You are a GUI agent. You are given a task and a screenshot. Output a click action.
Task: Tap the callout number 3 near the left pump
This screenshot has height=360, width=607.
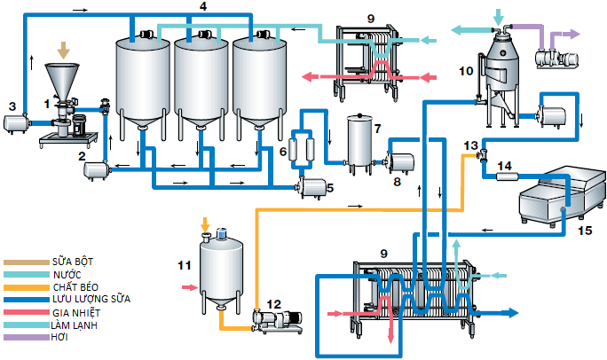[x=12, y=106]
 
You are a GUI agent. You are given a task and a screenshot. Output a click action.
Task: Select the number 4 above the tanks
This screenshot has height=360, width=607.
[x=203, y=6]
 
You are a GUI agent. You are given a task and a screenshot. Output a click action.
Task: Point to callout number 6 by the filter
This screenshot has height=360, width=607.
[x=283, y=152]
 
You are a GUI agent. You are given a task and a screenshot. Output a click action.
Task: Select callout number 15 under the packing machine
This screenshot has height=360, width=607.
[x=581, y=231]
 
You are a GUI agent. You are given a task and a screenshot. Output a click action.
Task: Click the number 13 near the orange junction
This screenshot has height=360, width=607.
[x=470, y=145]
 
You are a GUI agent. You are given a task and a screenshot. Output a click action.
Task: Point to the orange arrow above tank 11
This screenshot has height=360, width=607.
[x=207, y=223]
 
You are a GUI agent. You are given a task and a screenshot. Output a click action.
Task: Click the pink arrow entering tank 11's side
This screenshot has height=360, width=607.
[x=186, y=287]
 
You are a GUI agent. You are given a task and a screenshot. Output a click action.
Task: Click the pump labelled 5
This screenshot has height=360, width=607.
[x=311, y=185]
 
